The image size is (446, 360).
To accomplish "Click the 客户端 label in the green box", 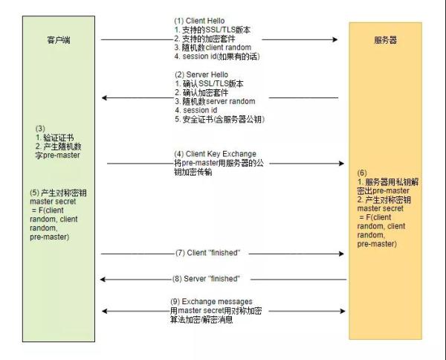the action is [x=59, y=40].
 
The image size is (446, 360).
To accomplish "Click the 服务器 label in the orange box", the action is [x=385, y=40].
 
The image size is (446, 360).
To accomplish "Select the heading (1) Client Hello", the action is [x=199, y=21].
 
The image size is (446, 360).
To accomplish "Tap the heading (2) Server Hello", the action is [x=201, y=75].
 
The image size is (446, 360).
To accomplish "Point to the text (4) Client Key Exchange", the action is [x=216, y=154].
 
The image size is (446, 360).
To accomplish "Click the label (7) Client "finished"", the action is [x=208, y=253].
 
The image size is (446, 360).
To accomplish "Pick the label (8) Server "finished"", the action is [x=206, y=279].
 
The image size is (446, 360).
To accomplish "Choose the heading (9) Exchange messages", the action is [x=211, y=302].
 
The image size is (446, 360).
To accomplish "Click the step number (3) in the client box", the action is [x=40, y=129].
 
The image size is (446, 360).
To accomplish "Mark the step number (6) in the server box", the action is [x=362, y=173].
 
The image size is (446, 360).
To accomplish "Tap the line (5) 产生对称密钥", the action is [x=58, y=193].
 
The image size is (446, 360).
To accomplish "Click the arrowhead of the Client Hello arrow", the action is [x=335, y=39].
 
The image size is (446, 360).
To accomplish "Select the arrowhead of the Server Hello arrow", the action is [x=104, y=98].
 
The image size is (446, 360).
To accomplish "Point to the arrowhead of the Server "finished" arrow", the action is [x=103, y=280].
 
